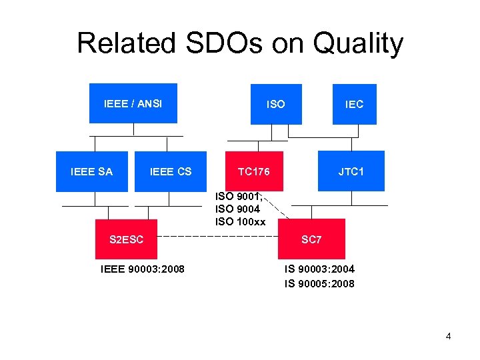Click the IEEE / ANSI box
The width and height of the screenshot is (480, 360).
133,103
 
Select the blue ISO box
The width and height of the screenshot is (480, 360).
275,104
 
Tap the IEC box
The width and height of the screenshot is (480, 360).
354,104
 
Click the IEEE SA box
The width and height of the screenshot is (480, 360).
91,171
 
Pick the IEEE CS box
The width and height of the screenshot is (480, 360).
171,171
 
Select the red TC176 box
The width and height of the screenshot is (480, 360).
254,171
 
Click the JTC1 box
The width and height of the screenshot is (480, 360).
351,171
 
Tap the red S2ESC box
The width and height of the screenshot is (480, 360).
126,239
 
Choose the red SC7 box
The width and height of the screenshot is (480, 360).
311,239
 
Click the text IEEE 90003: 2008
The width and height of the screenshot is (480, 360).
142,269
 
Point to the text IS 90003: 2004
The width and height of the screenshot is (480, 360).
319,269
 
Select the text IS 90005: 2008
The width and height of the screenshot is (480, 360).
319,284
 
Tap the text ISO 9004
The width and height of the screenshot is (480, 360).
236,209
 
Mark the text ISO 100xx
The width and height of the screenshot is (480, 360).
240,221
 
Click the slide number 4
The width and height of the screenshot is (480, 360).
448,336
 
